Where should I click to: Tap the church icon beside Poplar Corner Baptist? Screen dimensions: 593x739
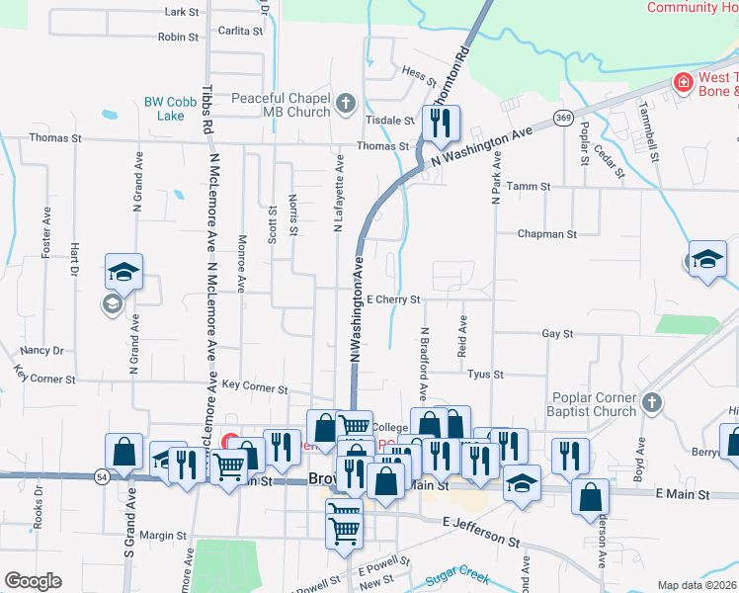coord(650,402)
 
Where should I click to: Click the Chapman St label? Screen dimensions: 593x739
coord(547,234)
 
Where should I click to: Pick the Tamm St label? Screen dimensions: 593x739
coord(527,186)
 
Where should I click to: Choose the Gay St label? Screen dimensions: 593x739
coord(557,334)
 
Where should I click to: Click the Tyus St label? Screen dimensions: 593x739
coord(485,375)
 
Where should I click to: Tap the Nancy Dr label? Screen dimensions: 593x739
coord(41,350)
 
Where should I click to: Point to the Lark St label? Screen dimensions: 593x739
coord(183,12)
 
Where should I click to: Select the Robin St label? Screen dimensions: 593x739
coord(178,37)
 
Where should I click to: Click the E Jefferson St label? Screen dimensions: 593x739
coord(480,533)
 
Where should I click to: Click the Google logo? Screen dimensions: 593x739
coord(33,581)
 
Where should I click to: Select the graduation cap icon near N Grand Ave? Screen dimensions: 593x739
coord(124,271)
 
